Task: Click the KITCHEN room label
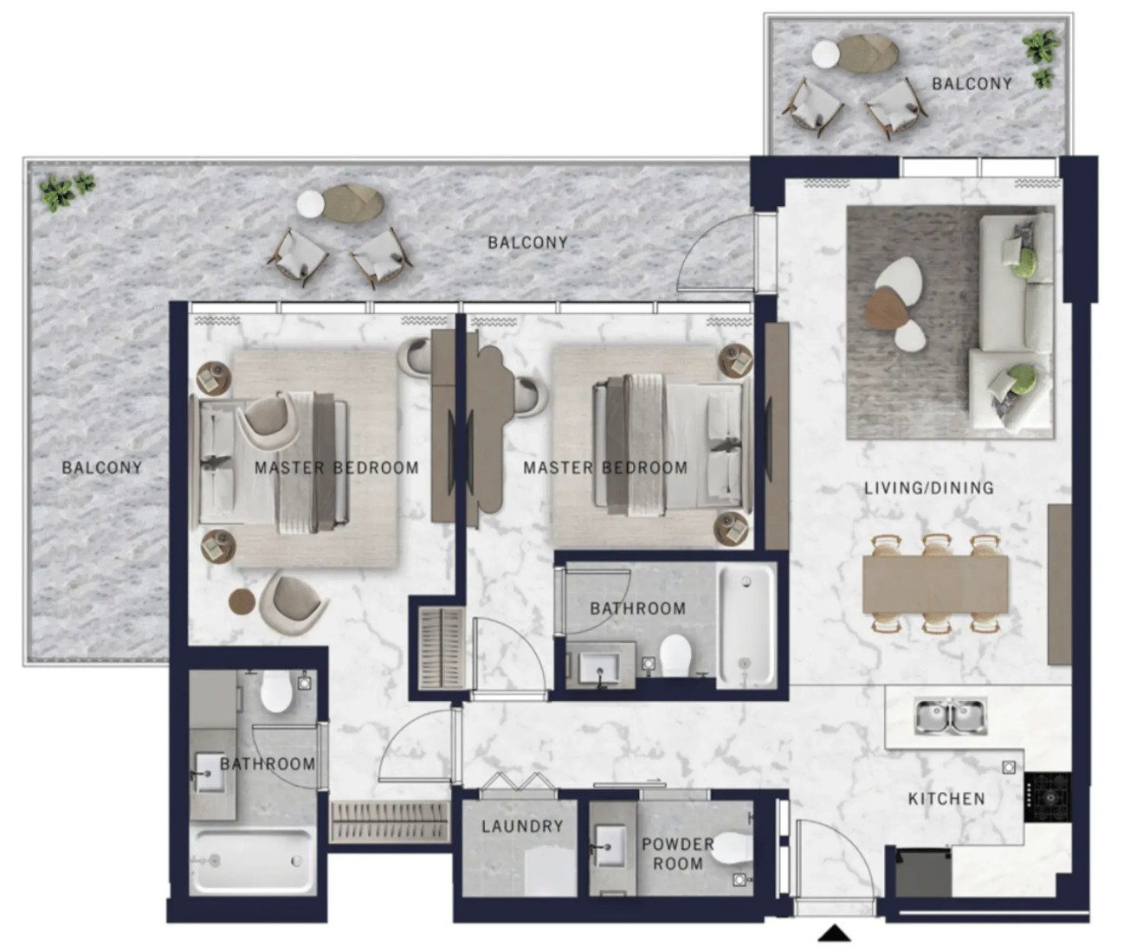946,799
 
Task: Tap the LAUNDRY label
522,827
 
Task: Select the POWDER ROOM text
677,854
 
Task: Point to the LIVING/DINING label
929,488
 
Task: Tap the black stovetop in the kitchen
1048,797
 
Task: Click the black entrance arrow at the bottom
834,934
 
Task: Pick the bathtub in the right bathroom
746,626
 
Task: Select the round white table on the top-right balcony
825,55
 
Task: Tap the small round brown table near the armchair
242,601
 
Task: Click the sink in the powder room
610,847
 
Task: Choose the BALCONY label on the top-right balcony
971,83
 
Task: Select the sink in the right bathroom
598,666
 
